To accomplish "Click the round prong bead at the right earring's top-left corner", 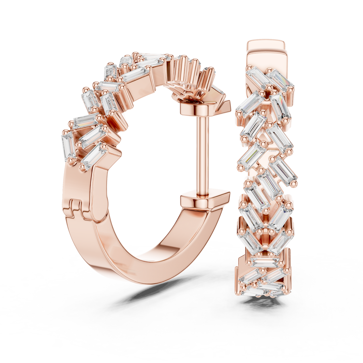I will [x=249, y=67].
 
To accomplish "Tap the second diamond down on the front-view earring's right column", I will [x=279, y=107].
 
